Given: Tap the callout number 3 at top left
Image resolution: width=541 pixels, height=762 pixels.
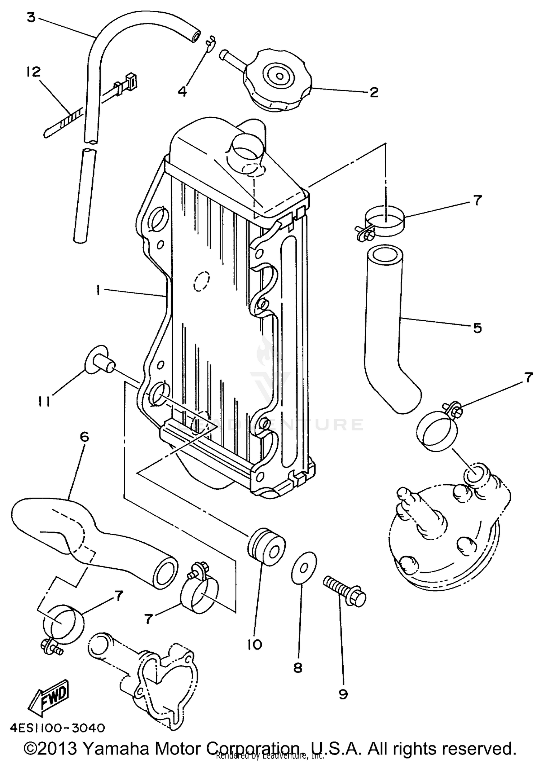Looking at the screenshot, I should (x=32, y=17).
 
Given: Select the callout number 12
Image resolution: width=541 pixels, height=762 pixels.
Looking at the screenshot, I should (x=34, y=72).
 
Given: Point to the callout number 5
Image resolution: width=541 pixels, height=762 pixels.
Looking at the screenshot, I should (x=477, y=328).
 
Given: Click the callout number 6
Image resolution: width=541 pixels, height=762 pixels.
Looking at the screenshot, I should (x=84, y=437).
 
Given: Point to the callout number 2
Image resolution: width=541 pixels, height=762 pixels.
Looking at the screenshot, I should (x=374, y=92).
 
